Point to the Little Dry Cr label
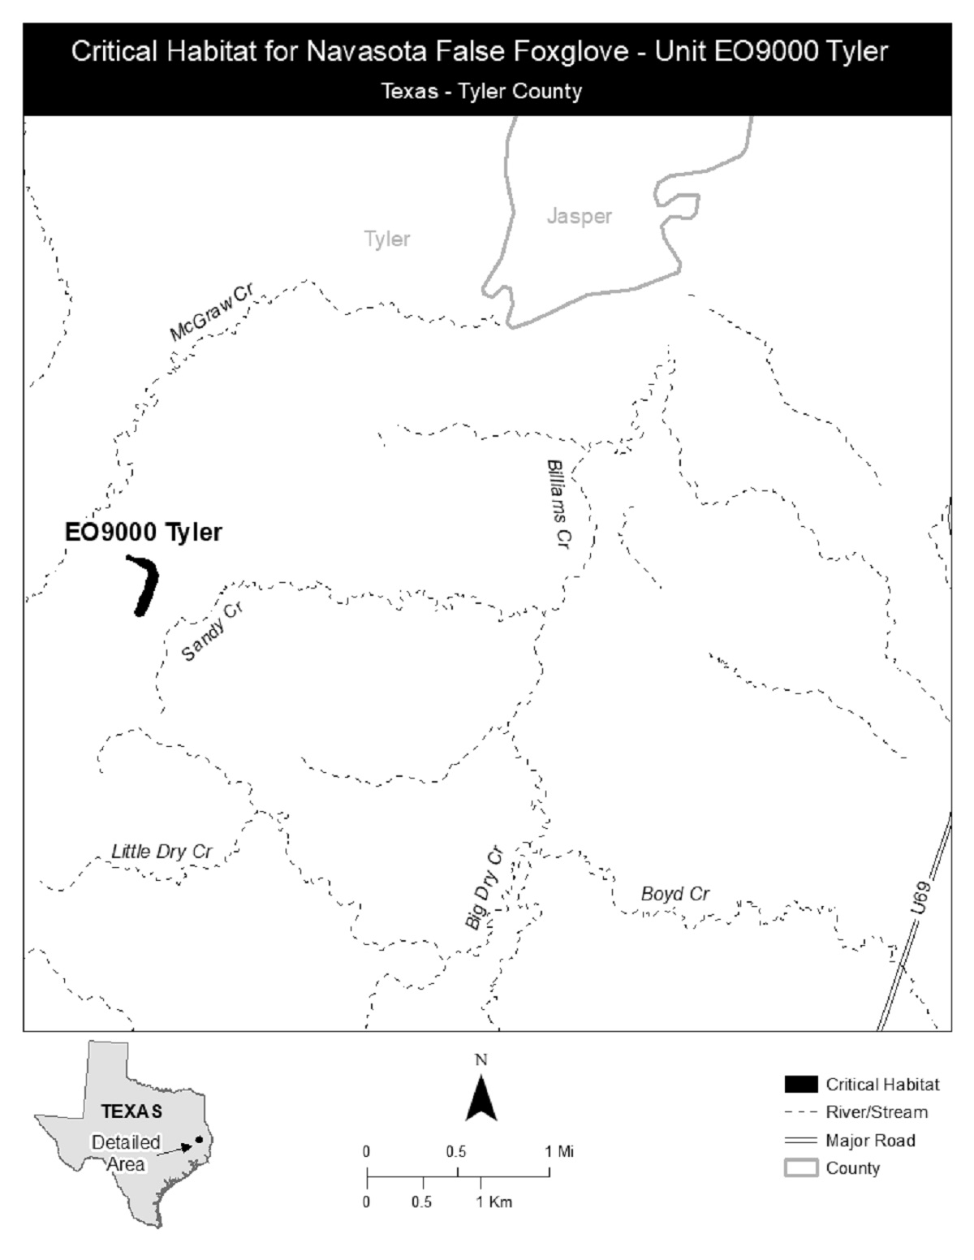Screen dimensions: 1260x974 tap(162, 851)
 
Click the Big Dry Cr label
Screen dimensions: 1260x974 tap(485, 888)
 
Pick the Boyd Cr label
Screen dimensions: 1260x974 tap(675, 894)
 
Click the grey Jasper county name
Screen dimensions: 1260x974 tap(579, 216)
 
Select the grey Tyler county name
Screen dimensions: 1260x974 tap(387, 239)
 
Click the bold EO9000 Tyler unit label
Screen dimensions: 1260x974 tap(143, 533)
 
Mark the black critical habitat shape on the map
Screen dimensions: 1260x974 tap(147, 585)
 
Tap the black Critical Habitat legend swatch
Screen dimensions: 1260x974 tap(800, 1084)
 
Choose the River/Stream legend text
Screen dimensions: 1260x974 tap(877, 1112)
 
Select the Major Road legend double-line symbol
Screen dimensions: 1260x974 tap(800, 1141)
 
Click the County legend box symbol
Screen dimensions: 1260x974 tap(800, 1168)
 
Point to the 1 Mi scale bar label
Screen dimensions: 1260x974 tap(560, 1151)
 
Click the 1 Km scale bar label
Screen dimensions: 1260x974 tap(493, 1202)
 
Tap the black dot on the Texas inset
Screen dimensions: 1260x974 tap(198, 1140)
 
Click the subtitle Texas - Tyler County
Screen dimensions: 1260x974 tap(481, 91)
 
